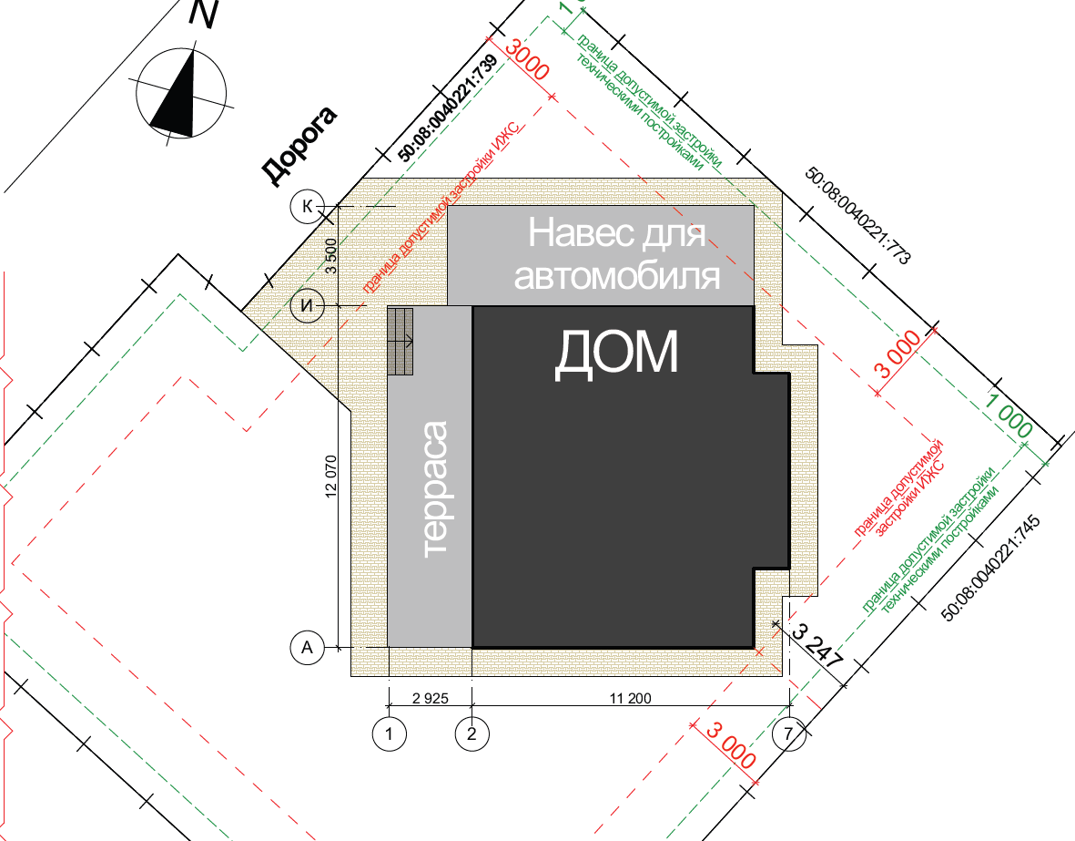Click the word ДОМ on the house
tap(615, 354)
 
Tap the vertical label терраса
tap(435, 488)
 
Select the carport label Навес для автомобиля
tap(615, 254)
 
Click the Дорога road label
tap(299, 146)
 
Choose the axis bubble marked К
tap(307, 206)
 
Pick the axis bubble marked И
tap(307, 305)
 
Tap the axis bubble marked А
tap(307, 648)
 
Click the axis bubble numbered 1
tap(389, 733)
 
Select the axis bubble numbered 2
tap(472, 733)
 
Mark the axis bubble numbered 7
tap(789, 733)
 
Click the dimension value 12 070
tap(330, 476)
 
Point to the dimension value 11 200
tap(630, 698)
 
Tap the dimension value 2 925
tap(431, 698)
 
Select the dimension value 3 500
tap(330, 255)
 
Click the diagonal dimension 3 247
tap(816, 647)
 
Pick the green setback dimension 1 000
tap(1009, 413)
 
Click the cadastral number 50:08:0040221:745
tap(990, 569)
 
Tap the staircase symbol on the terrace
tap(401, 341)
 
